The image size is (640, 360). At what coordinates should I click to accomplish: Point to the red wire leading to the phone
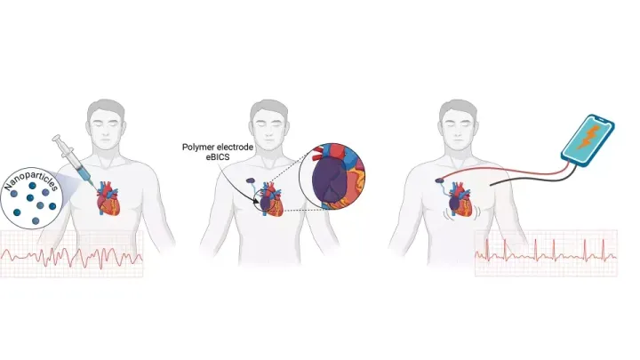507,164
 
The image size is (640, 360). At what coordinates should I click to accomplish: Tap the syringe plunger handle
59,141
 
